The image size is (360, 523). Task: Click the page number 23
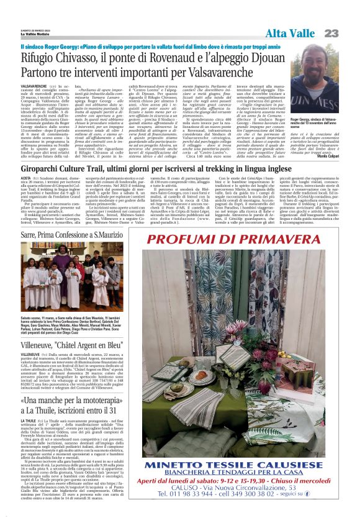[x=331, y=33]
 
